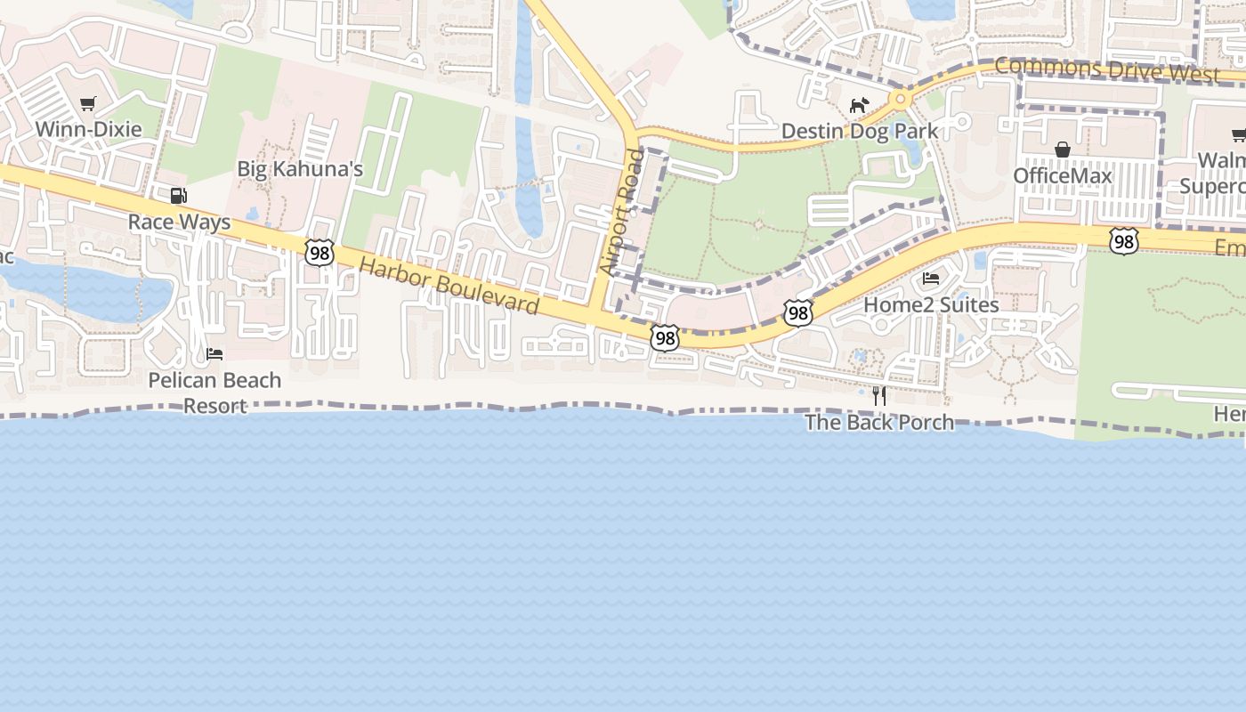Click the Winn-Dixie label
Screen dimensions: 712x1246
tap(88, 129)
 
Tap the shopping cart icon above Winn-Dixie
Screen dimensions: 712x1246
tap(87, 104)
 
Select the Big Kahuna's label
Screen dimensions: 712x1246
tap(300, 169)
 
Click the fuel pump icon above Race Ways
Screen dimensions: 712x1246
tap(179, 196)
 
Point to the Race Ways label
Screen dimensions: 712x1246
tap(179, 222)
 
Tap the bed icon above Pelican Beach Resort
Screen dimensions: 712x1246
tap(214, 354)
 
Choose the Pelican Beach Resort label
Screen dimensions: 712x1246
tap(214, 392)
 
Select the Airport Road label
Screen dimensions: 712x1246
tap(622, 212)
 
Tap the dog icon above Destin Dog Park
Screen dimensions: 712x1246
tap(859, 105)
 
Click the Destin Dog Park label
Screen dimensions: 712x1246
tap(859, 132)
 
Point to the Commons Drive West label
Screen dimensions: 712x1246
tap(1106, 69)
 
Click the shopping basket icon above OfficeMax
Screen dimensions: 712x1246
tap(1062, 150)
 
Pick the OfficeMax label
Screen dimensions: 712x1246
tap(1063, 175)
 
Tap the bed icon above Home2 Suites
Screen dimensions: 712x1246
tap(931, 279)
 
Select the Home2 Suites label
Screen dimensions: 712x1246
tap(931, 304)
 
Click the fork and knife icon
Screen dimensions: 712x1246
tap(879, 396)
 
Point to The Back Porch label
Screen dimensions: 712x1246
tap(879, 422)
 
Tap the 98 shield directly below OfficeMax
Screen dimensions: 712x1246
tap(1124, 241)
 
